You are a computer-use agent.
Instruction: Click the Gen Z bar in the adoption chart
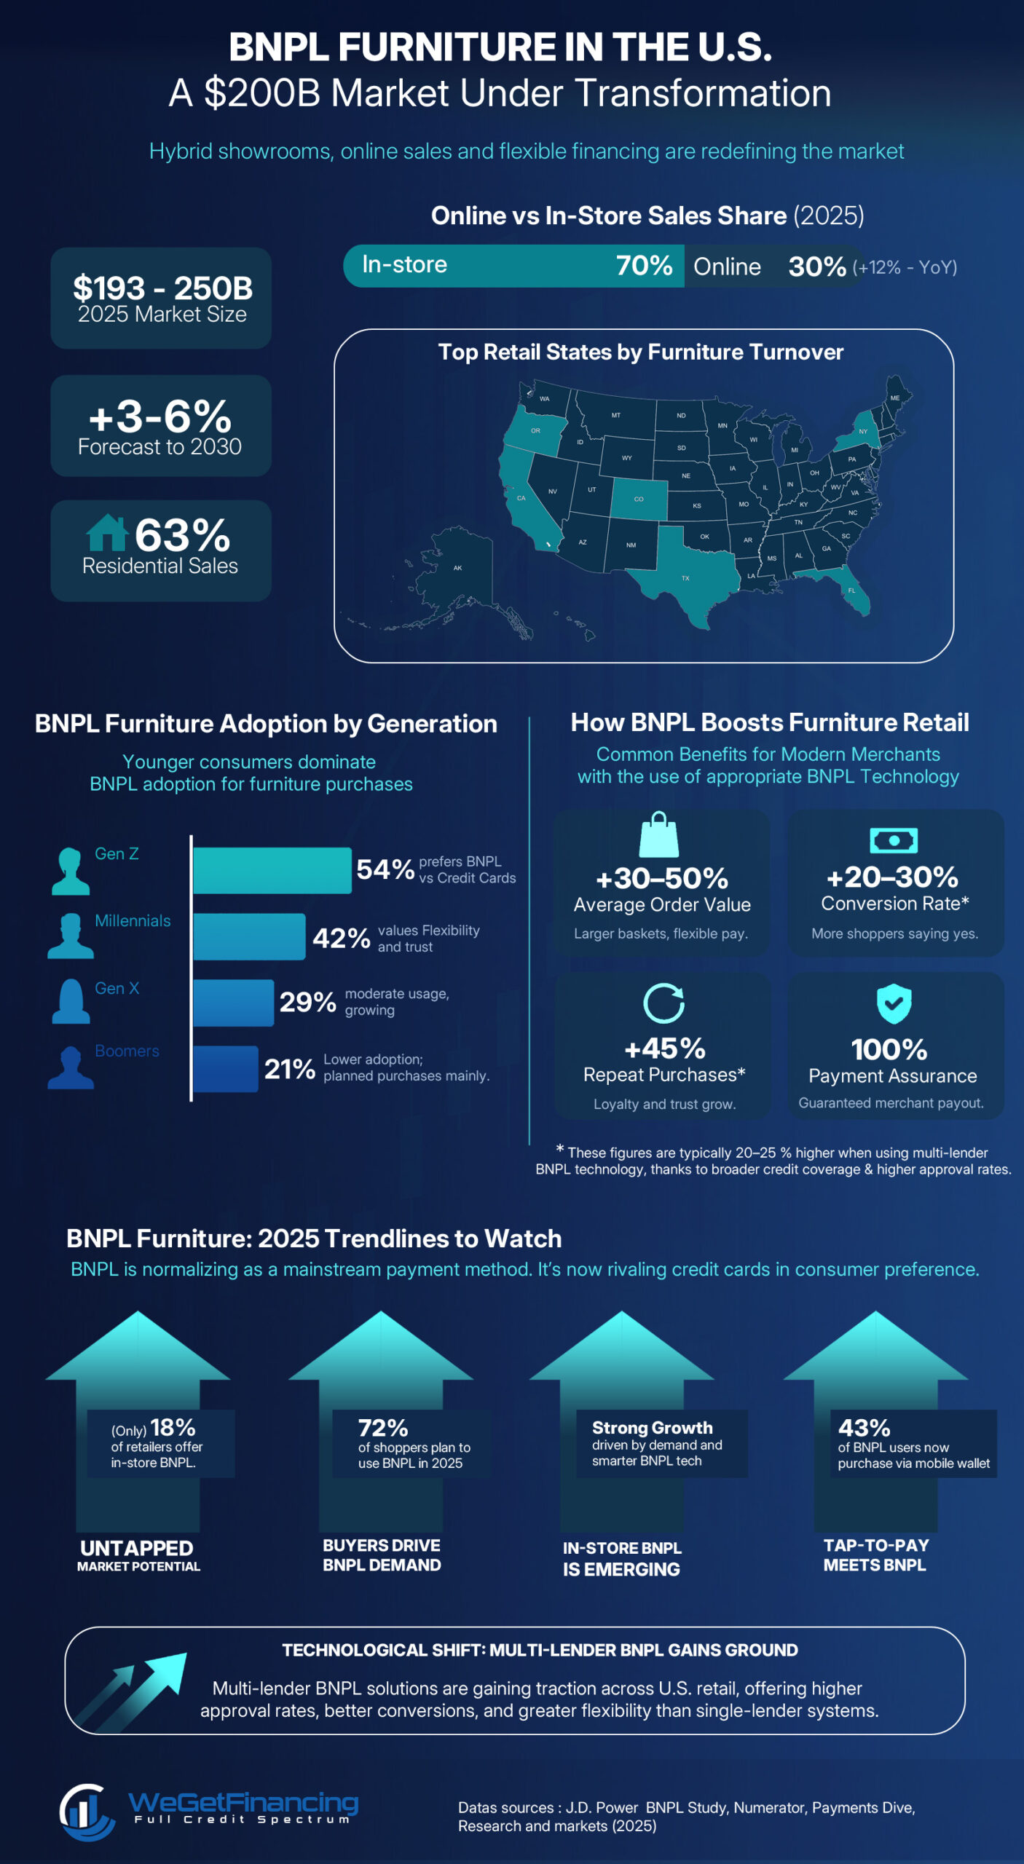pos(272,870)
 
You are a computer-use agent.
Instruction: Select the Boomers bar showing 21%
pos(225,1068)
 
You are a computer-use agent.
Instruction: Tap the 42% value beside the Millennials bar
pos(341,938)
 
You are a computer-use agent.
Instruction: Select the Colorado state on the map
pos(638,499)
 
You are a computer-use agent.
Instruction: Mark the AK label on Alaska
pos(457,568)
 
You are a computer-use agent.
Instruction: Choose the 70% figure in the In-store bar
pos(644,266)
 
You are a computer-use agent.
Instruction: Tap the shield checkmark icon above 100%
pos(894,1003)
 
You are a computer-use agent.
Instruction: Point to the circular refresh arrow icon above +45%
pos(663,1003)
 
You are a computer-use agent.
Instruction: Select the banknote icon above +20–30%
pos(894,840)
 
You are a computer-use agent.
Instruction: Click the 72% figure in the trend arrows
pos(382,1428)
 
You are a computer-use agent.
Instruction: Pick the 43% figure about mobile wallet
pos(864,1428)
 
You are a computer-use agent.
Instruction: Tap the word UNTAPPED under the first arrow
pos(137,1548)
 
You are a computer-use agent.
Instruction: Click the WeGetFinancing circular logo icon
pos(86,1811)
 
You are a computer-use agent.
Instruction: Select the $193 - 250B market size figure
pos(162,288)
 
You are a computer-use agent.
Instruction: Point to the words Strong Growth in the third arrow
pos(652,1428)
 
